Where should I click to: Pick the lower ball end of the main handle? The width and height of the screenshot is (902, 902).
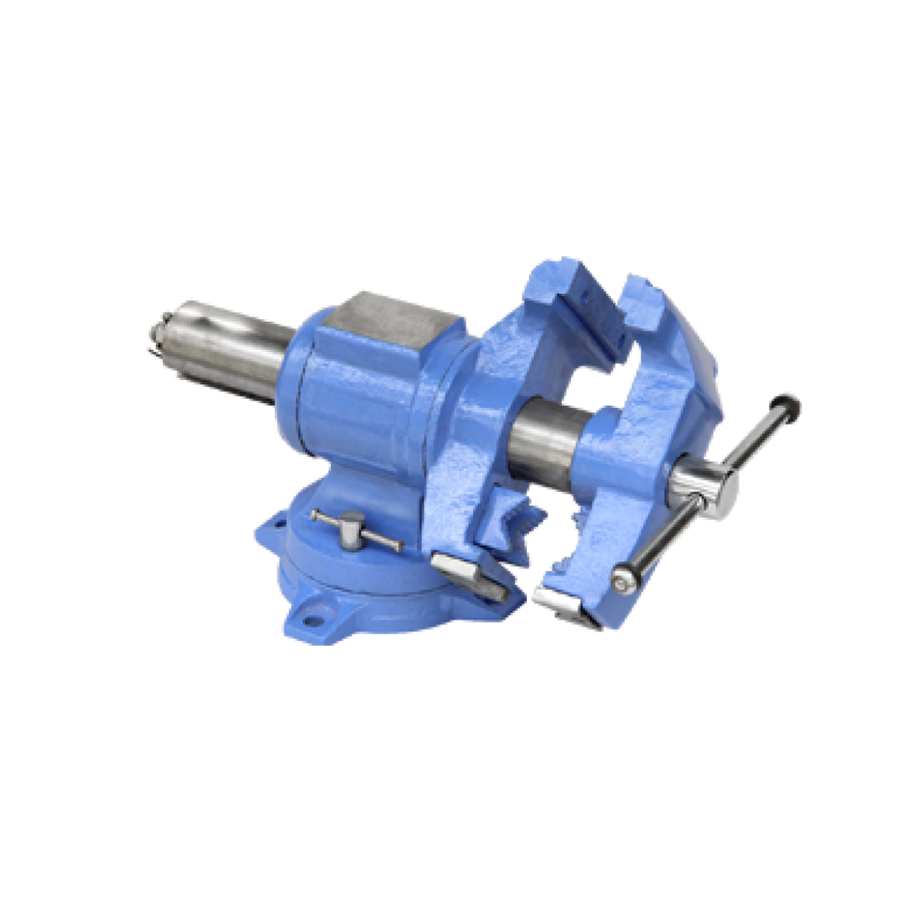622,582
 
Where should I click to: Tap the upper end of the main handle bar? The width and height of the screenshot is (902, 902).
788,405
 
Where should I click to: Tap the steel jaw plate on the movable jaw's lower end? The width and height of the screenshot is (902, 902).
564,604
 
